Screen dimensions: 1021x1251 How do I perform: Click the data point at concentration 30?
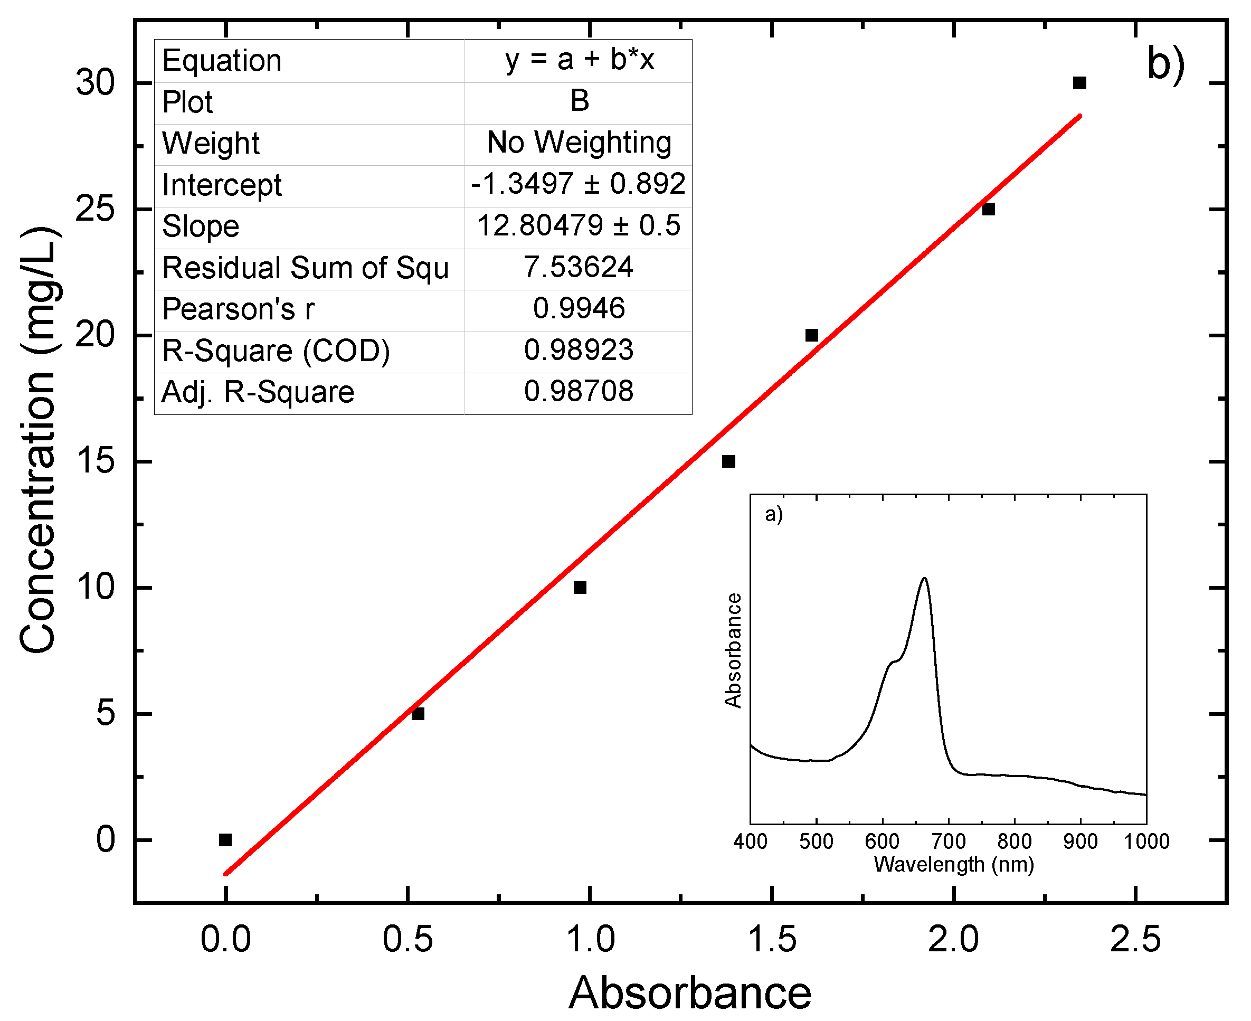click(1079, 83)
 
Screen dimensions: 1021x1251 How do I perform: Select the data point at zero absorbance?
click(225, 840)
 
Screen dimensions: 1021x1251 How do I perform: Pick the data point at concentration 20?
click(812, 335)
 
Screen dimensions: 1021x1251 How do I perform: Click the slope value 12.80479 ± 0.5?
click(579, 226)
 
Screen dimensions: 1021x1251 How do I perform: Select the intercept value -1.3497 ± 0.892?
click(578, 184)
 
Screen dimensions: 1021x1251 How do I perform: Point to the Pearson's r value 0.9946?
click(579, 309)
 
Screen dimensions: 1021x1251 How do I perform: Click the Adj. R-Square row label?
click(258, 392)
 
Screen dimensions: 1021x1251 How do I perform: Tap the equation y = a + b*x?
click(579, 60)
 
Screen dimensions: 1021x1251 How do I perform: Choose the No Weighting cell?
click(579, 143)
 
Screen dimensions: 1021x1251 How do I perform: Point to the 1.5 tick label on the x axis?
click(772, 939)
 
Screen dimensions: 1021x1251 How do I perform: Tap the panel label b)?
click(1165, 65)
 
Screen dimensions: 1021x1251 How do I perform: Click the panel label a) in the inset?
click(773, 515)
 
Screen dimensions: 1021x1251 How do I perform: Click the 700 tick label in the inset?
click(949, 842)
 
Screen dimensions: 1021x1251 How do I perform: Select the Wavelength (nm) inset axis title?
click(953, 865)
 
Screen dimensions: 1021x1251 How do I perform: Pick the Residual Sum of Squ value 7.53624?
click(579, 268)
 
